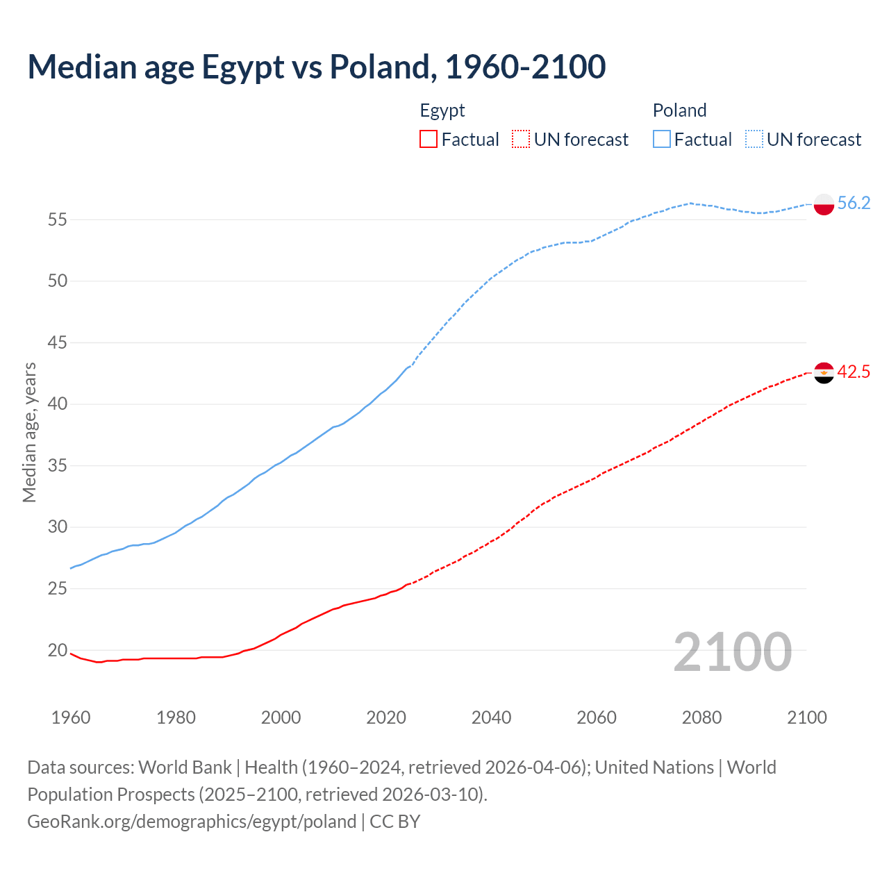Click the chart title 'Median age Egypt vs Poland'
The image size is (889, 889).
tap(316, 67)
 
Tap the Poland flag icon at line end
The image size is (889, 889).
tap(824, 203)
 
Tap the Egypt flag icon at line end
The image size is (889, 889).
tap(824, 372)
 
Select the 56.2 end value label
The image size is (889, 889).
tap(854, 203)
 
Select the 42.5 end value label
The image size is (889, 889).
tap(854, 372)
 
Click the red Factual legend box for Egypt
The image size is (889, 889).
tap(429, 140)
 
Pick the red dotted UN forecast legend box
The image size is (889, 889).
tap(521, 140)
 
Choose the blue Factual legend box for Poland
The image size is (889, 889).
tap(662, 140)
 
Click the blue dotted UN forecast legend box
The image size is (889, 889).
tap(754, 140)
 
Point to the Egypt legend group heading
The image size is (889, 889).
tap(442, 110)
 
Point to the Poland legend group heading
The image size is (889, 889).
tap(679, 110)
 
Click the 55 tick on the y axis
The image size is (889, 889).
tap(57, 220)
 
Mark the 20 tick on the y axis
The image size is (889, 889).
tap(57, 651)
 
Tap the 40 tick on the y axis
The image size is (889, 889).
tap(57, 404)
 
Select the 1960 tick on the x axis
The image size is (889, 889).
tap(71, 717)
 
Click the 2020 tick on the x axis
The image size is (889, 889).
tap(386, 717)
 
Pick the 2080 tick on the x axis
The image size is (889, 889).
tap(701, 717)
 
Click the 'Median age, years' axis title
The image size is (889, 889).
tap(29, 432)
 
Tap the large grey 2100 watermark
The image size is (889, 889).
tap(733, 651)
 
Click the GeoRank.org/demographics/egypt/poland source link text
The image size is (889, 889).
tap(192, 822)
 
